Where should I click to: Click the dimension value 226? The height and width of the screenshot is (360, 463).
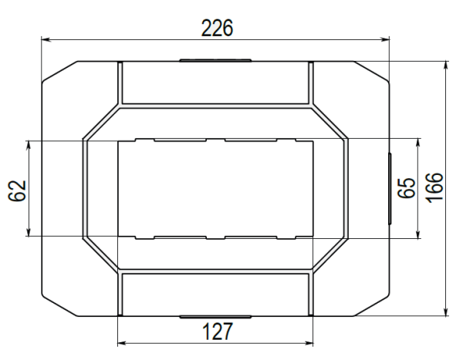(x=217, y=28)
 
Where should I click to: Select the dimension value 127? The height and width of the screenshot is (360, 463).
(x=217, y=331)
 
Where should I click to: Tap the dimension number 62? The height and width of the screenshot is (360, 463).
(x=17, y=190)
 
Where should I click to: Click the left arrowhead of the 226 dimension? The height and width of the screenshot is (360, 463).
(x=44, y=39)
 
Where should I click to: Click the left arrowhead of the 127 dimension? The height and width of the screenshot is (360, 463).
(x=120, y=341)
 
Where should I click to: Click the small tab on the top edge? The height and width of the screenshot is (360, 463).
(x=215, y=59)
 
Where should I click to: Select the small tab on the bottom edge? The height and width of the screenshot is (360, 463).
(x=215, y=317)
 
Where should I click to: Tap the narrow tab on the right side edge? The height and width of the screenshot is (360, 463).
(x=389, y=189)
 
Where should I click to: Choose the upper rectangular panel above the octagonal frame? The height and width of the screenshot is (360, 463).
(x=215, y=82)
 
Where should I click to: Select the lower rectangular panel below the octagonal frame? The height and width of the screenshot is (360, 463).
(x=215, y=294)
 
